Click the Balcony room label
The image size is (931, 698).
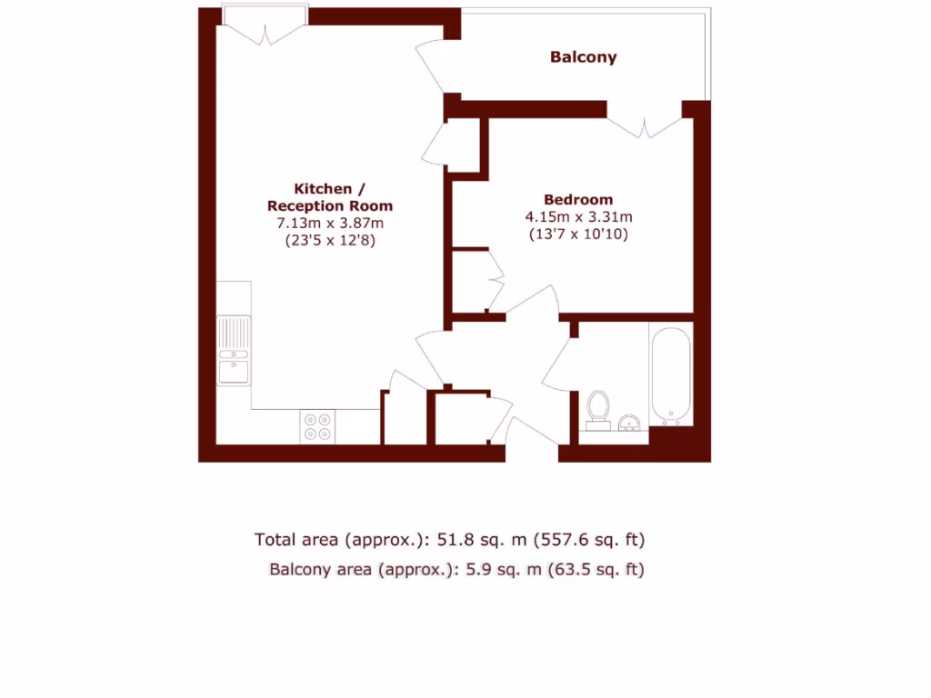(583, 57)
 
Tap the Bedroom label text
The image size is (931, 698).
(578, 199)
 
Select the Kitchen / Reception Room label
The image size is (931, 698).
(329, 197)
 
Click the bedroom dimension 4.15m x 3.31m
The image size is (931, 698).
(578, 216)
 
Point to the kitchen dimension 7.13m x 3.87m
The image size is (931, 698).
(329, 224)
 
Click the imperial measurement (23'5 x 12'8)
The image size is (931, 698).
(329, 242)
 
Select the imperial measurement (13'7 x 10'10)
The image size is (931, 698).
(578, 234)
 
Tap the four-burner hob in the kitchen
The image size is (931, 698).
(317, 426)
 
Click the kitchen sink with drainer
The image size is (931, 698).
(234, 350)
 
